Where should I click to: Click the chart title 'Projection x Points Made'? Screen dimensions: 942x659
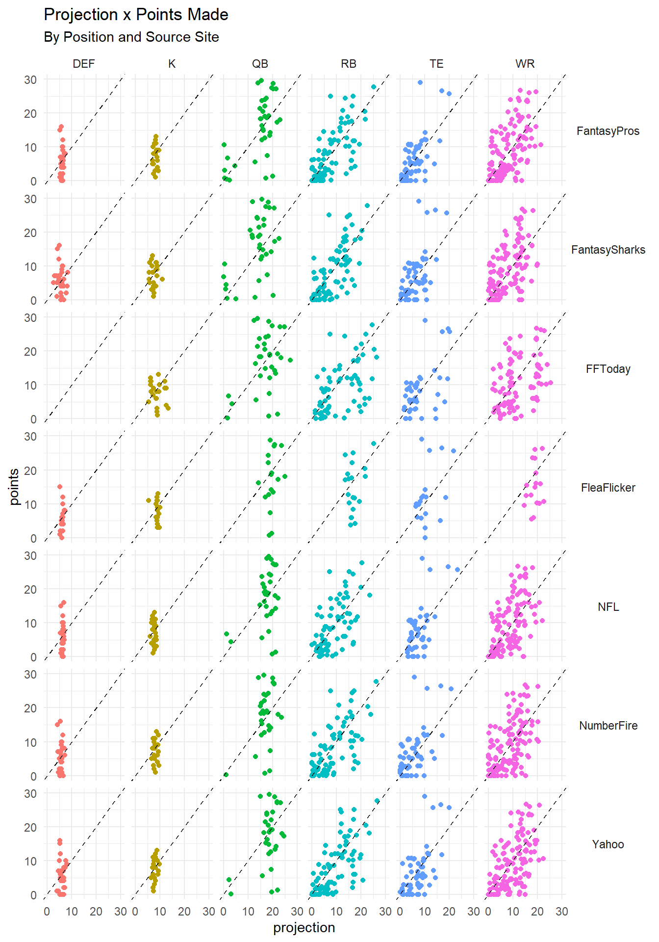[x=136, y=15]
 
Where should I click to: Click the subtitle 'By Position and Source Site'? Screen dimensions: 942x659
[x=131, y=37]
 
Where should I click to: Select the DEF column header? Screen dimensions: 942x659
[x=84, y=64]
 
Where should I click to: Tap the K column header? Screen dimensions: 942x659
[x=172, y=64]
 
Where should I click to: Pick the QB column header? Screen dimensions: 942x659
[x=260, y=64]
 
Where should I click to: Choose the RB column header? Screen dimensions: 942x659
[x=349, y=64]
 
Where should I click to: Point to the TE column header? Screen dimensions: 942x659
[x=436, y=64]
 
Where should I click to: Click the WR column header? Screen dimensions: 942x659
[x=525, y=64]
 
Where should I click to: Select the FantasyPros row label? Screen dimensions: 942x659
[x=608, y=131]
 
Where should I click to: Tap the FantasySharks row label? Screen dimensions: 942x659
[x=608, y=250]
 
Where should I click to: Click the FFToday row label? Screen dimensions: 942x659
[x=608, y=369]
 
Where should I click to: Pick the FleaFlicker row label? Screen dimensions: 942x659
[x=608, y=488]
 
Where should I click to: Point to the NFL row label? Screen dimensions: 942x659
[x=608, y=607]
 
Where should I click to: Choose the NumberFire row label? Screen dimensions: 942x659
[x=608, y=726]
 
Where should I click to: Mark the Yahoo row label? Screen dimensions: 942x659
[x=608, y=844]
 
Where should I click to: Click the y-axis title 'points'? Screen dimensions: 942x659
[x=14, y=487]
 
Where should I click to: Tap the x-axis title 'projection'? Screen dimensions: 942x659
[x=304, y=928]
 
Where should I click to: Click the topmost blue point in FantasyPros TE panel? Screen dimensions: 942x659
[x=420, y=82]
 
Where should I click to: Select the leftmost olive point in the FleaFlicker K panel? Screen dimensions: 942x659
[x=149, y=500]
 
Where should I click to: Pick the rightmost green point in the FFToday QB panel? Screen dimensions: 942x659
[x=290, y=360]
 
